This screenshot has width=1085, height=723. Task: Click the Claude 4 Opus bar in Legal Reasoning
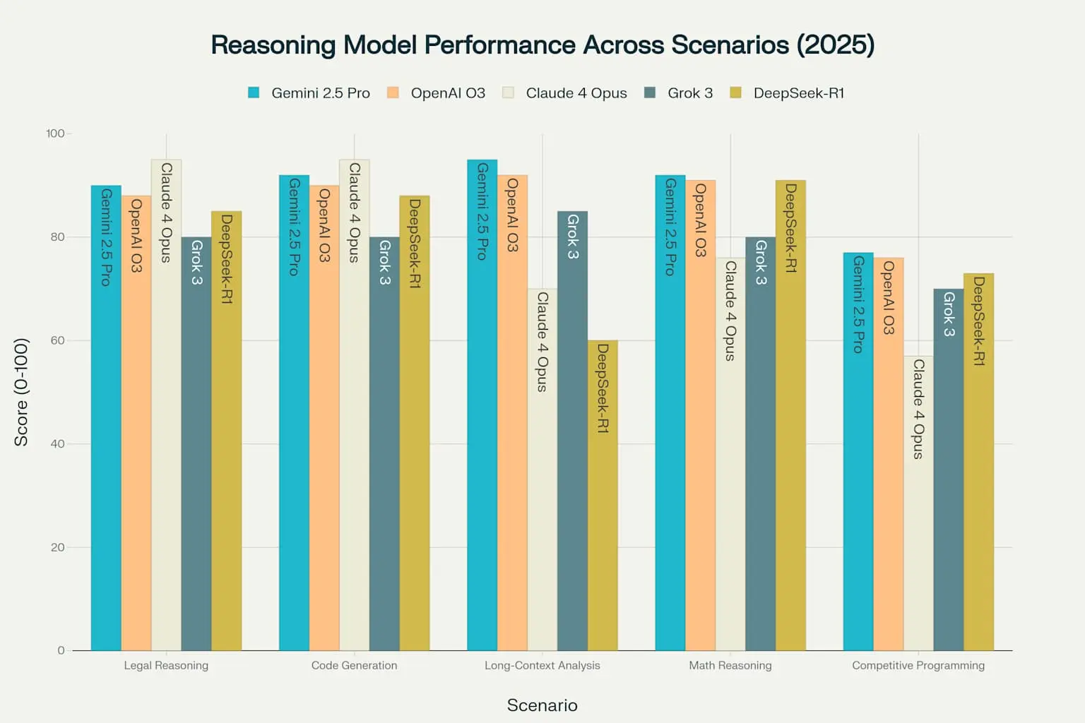[x=166, y=424]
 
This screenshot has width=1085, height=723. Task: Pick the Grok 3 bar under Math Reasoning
[x=760, y=459]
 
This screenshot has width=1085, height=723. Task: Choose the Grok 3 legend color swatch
[x=650, y=92]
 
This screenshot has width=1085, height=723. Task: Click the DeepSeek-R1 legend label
[x=798, y=93]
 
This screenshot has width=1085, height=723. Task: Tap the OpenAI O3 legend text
[x=448, y=93]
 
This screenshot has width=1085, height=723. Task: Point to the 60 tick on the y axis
[x=57, y=340]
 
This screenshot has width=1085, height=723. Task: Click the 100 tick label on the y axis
[x=55, y=133]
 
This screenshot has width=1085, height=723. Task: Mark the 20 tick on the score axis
[x=57, y=547]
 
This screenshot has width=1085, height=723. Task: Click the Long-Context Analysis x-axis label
[x=542, y=665]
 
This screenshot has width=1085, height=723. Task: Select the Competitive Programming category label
[x=918, y=665]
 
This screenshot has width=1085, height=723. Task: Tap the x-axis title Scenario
[x=542, y=705]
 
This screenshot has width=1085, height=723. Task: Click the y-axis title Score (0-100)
[x=21, y=392]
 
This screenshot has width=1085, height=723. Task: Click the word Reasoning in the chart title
[x=273, y=45]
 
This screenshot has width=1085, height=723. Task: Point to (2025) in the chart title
[x=836, y=45]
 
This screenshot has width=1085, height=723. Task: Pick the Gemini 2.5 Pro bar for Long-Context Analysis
[x=482, y=424]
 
